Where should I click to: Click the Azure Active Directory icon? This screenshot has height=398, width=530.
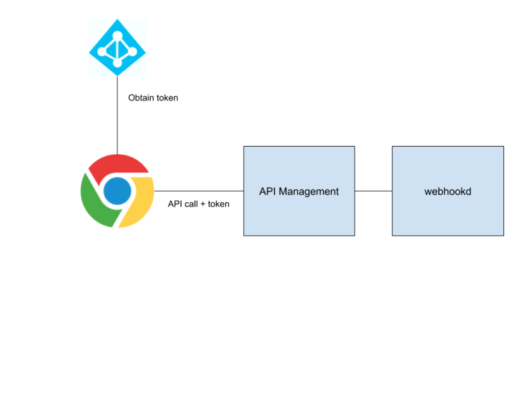117,47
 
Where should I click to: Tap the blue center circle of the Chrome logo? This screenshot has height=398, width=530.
117,190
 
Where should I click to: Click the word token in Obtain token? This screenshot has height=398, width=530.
167,98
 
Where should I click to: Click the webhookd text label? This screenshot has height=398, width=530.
448,191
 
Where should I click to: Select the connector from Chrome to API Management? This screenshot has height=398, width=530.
199,190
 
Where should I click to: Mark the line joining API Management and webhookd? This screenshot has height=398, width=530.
374,190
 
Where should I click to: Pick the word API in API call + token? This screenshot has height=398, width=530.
175,204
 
